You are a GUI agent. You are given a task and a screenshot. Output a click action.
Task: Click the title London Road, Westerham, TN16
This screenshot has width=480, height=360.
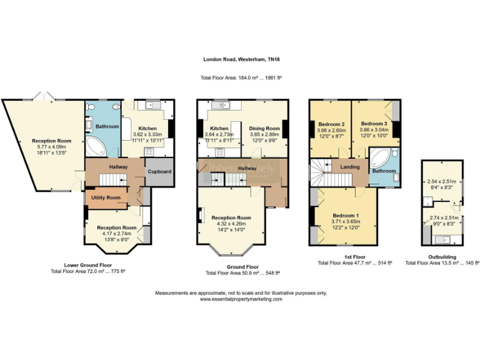pos(241,60)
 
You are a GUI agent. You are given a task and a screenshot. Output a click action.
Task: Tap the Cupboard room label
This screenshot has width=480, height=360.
pos(159,172)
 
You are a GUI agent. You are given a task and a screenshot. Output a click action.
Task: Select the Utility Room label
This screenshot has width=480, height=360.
pos(105,197)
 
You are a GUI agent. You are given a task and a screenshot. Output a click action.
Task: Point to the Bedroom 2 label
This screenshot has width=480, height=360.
pos(331,124)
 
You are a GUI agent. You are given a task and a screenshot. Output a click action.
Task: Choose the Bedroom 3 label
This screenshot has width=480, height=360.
pos(373,124)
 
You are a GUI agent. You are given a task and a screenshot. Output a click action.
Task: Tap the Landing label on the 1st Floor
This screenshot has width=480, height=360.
pos(349,167)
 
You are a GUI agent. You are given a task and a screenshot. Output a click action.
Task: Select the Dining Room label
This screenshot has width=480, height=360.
pos(264,128)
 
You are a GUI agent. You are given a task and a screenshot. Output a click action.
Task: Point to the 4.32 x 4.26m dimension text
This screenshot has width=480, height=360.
pos(234,224)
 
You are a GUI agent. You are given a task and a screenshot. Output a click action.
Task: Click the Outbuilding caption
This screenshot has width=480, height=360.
pos(442,257)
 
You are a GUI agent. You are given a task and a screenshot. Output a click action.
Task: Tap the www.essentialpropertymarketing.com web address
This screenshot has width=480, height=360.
pos(241,299)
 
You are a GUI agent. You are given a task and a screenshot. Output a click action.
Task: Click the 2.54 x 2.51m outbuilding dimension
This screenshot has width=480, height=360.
pos(442,181)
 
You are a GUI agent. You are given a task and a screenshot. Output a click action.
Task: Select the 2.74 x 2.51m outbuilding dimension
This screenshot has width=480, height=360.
pos(442,217)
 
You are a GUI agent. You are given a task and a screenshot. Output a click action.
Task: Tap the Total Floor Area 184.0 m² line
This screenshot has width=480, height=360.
pos(241,77)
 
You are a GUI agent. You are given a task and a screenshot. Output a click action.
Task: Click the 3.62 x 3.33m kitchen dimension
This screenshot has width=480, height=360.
pos(147,134)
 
